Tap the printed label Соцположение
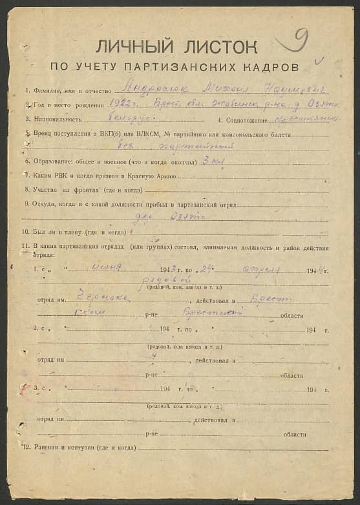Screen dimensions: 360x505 point(248,119)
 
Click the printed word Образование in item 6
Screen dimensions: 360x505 point(52,162)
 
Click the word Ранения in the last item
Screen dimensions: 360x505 point(47,448)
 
